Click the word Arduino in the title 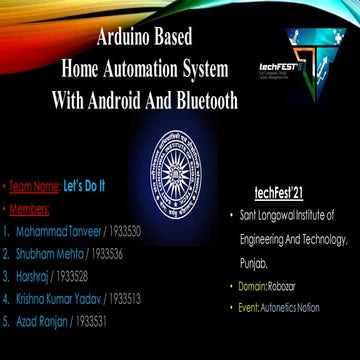click(129, 41)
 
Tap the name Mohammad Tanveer click(59, 230)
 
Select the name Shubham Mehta click(50, 253)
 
